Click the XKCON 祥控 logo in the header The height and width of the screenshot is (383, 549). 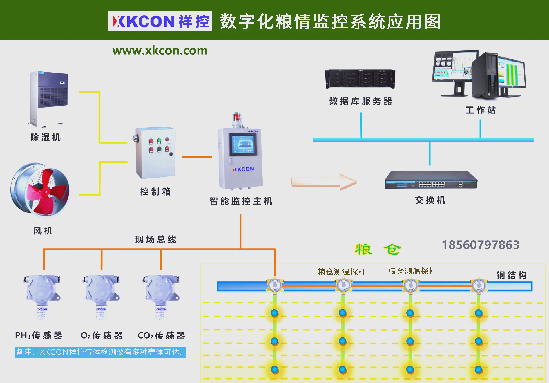pyautogui.click(x=160, y=21)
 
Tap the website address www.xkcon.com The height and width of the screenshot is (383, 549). pyautogui.click(x=160, y=50)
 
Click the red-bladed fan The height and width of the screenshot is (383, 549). pyautogui.click(x=40, y=190)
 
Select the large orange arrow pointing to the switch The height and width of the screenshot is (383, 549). pyautogui.click(x=324, y=182)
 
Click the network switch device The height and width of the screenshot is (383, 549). pyautogui.click(x=431, y=180)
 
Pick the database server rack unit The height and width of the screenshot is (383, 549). pyautogui.click(x=360, y=79)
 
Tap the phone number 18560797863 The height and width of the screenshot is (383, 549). pyautogui.click(x=480, y=245)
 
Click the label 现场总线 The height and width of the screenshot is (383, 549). pyautogui.click(x=156, y=239)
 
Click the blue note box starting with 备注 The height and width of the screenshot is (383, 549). pyautogui.click(x=100, y=352)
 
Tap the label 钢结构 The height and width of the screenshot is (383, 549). pyautogui.click(x=511, y=275)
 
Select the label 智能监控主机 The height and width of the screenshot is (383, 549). pyautogui.click(x=241, y=201)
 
